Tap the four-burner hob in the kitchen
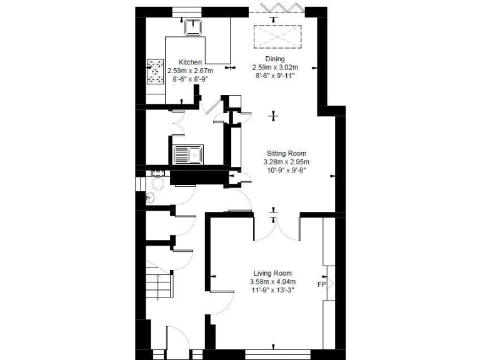coord(153,72)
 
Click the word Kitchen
coord(190,62)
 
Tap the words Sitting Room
coord(287,153)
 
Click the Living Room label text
coord(272,273)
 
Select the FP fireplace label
coord(322,285)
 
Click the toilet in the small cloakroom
coord(159,183)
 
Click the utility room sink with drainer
coord(187,153)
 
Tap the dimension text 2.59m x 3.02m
coord(275,67)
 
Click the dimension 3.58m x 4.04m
coord(272,281)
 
